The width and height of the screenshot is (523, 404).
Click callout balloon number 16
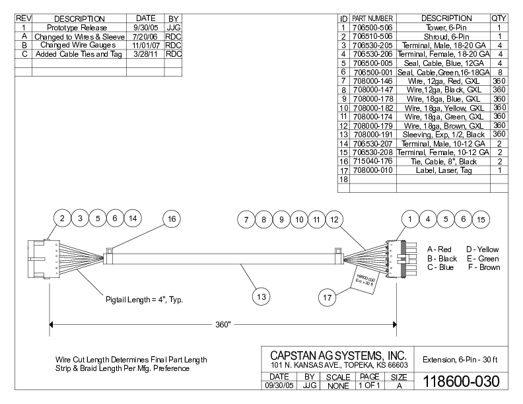point(172,219)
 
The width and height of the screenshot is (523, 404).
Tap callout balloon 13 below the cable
point(261,297)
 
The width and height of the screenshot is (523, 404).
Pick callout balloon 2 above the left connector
point(61,219)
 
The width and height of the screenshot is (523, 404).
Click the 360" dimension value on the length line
point(223,325)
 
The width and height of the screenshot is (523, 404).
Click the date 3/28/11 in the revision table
point(145,54)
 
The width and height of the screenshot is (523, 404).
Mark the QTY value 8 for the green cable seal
point(499,71)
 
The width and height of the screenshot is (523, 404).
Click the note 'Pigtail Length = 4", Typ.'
point(145,299)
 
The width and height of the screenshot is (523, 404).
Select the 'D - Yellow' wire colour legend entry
point(483,249)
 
